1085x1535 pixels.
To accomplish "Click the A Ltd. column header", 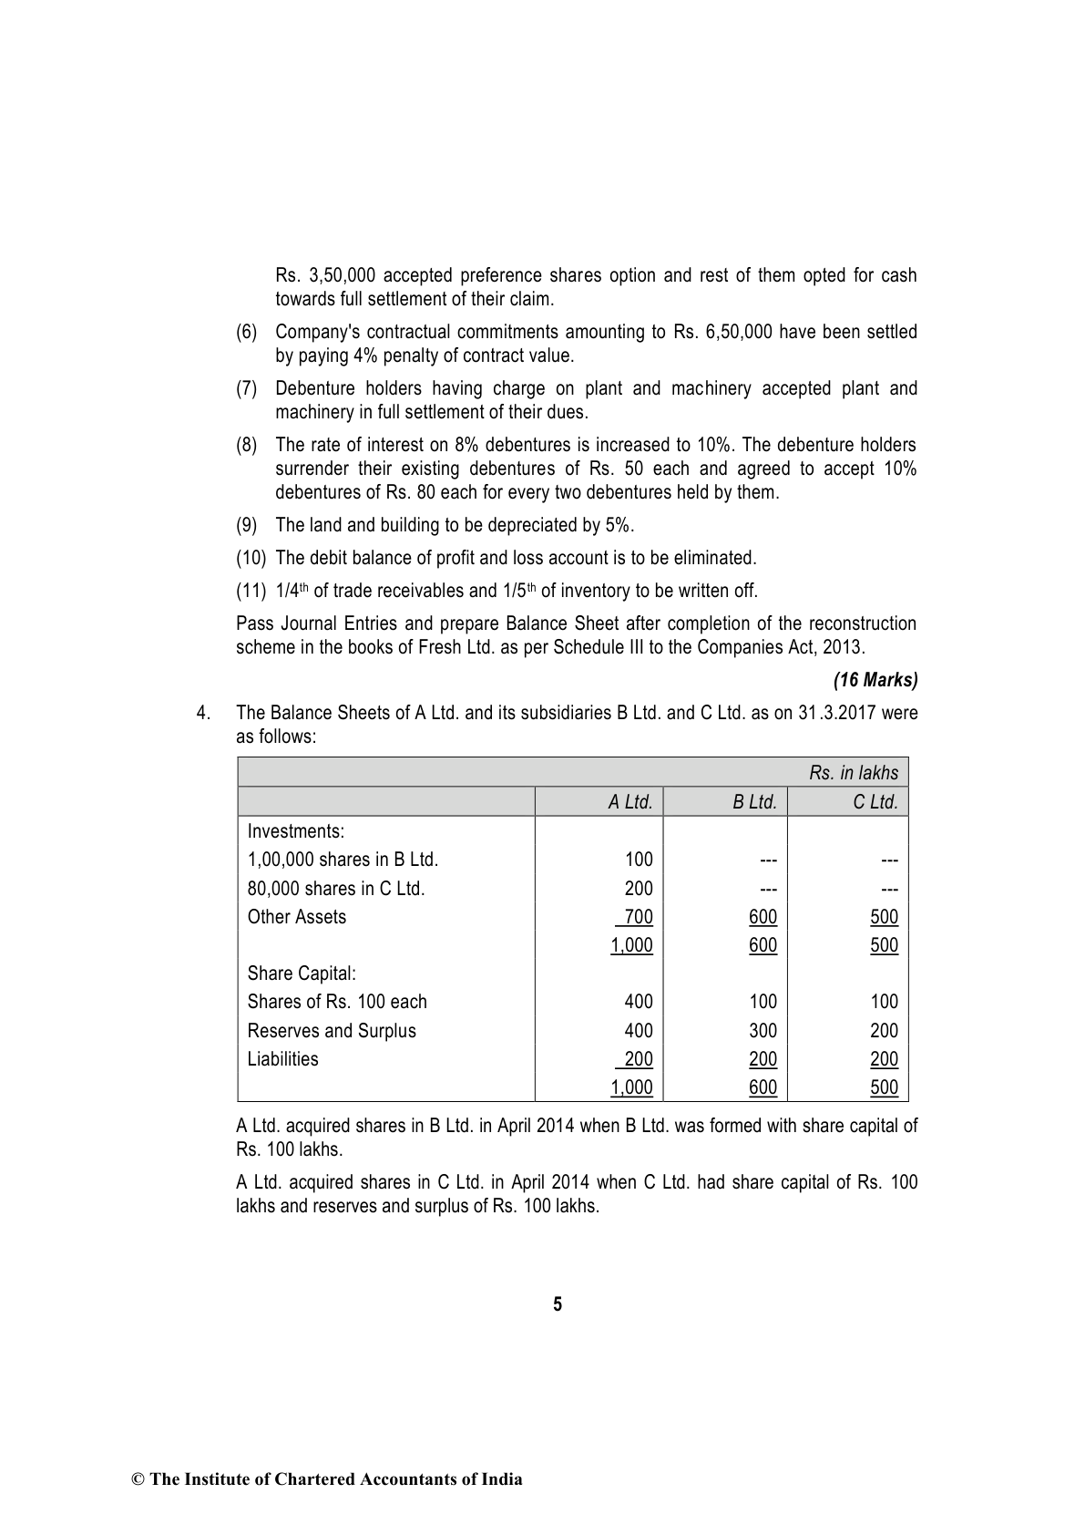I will (x=630, y=802).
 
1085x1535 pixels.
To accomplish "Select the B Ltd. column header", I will (x=754, y=802).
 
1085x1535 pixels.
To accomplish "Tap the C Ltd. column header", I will (x=875, y=802).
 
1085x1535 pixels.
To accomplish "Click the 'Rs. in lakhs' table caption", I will (x=853, y=773).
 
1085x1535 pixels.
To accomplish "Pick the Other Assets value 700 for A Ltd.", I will (x=638, y=917).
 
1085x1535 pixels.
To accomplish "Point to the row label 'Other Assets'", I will (x=297, y=917).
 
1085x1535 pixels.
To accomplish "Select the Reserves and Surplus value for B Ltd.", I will (x=763, y=1031).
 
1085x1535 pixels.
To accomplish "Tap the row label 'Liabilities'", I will (x=283, y=1059).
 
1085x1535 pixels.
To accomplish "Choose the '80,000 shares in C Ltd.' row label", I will (x=336, y=889).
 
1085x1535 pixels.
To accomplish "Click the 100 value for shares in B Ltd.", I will (x=639, y=860).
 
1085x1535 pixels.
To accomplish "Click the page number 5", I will (x=558, y=1304).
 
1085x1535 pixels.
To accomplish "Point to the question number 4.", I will (x=202, y=713).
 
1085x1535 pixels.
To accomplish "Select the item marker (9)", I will (x=247, y=526).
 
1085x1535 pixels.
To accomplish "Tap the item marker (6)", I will (x=247, y=333).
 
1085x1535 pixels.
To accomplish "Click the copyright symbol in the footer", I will (x=138, y=1479).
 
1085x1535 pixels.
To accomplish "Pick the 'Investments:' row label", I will (x=296, y=831).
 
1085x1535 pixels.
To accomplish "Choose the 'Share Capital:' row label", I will (x=302, y=974).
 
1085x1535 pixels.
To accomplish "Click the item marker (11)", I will (x=251, y=591).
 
